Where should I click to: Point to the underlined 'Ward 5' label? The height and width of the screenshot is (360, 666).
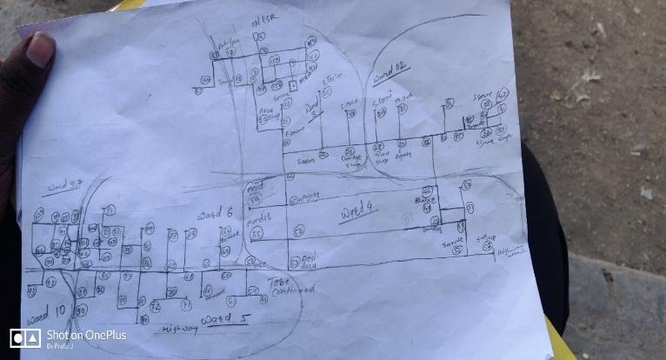[x=223, y=320]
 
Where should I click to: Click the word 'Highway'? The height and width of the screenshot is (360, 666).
[x=180, y=330]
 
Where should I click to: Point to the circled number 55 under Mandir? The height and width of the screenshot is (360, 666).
[x=256, y=233]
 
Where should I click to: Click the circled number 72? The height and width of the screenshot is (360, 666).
[x=156, y=307]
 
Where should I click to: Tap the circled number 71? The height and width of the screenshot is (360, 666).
[x=185, y=306]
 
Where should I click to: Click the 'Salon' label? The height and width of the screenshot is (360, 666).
[x=305, y=161]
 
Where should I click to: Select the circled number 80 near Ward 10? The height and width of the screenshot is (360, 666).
[x=80, y=310]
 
